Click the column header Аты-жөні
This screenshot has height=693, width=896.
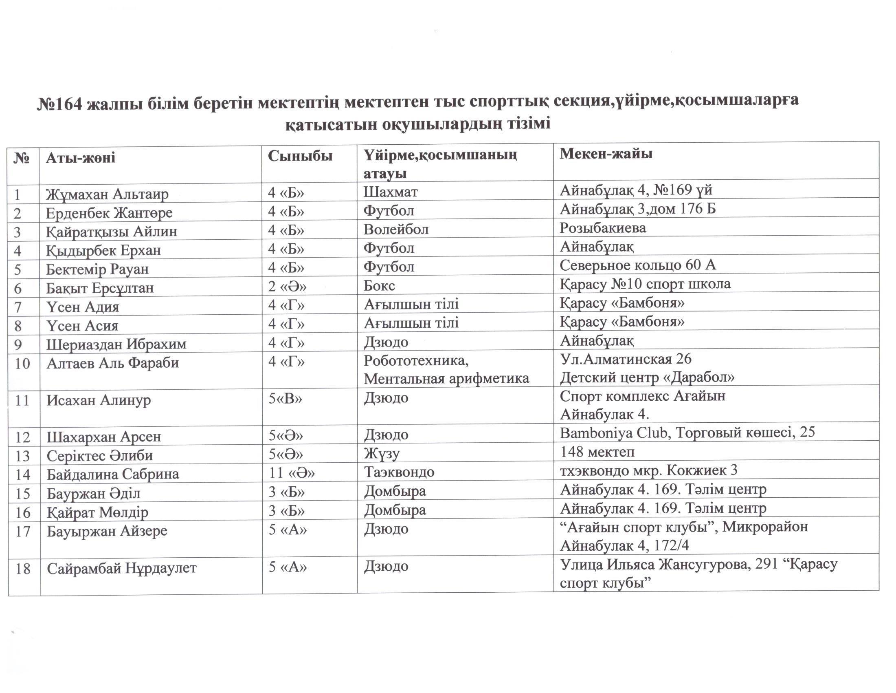(80, 158)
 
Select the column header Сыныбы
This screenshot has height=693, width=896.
(300, 156)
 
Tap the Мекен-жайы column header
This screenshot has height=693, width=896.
(606, 154)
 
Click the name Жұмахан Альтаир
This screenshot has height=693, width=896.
(107, 194)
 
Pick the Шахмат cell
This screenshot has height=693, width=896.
(390, 192)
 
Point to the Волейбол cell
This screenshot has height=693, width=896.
(395, 229)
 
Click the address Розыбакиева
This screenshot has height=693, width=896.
(603, 227)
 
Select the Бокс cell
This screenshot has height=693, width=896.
(379, 285)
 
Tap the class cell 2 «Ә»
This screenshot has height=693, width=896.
(287, 286)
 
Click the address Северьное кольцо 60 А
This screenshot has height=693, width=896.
(637, 265)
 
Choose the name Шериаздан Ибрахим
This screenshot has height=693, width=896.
(116, 344)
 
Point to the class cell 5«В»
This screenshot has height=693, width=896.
(285, 399)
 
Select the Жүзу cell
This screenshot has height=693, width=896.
(381, 454)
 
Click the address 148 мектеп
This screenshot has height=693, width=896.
(597, 452)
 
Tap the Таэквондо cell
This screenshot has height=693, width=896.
(399, 472)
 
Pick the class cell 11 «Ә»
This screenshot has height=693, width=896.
(292, 472)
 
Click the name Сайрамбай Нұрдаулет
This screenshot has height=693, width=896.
(122, 568)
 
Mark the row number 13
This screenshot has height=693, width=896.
(22, 456)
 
